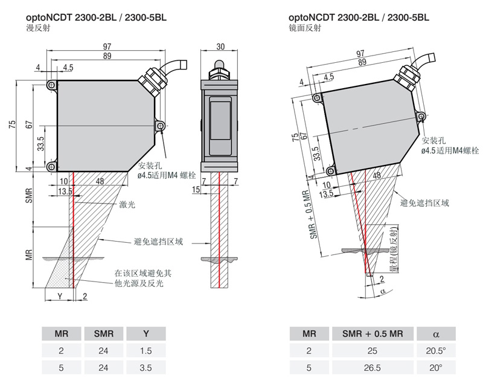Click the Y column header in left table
[146, 333]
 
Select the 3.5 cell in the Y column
[146, 366]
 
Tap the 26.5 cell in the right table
[372, 367]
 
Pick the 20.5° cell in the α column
[437, 350]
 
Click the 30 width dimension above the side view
[220, 46]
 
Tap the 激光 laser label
[128, 205]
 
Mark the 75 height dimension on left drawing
[11, 124]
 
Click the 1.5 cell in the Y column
[146, 350]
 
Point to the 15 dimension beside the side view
[196, 190]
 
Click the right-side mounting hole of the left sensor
[160, 125]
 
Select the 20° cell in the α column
[437, 367]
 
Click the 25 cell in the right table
[372, 350]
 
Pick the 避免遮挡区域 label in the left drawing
[158, 241]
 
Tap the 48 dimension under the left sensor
[100, 181]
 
